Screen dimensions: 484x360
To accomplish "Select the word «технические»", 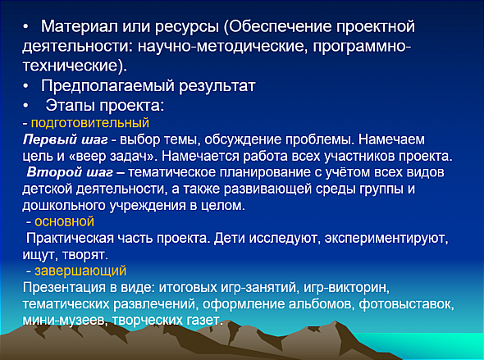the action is click(x=71, y=66).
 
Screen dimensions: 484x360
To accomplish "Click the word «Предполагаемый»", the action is click(x=107, y=86).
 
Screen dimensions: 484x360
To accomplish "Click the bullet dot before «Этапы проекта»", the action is click(x=25, y=106).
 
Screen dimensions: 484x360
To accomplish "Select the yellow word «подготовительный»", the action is click(x=90, y=123).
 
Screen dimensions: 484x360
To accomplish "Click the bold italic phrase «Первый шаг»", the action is click(x=65, y=139).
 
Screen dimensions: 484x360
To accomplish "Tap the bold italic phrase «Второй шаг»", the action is click(x=70, y=172).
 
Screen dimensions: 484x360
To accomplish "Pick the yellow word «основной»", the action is click(x=64, y=221).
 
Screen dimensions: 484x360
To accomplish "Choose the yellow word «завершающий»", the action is click(x=80, y=271).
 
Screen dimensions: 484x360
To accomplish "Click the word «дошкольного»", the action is click(x=64, y=205).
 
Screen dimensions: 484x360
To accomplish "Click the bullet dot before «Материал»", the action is click(x=25, y=27).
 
